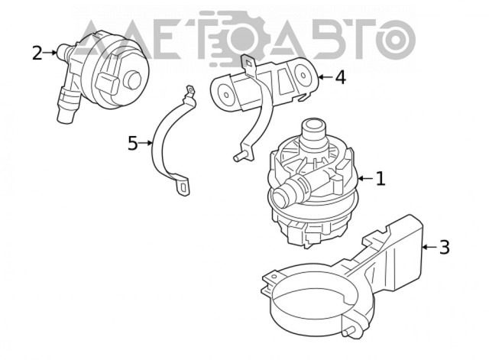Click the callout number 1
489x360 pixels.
click(x=381, y=179)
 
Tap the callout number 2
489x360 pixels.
click(x=37, y=53)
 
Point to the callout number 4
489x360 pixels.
click(x=341, y=77)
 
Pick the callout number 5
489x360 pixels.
click(x=132, y=143)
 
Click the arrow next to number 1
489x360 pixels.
click(x=365, y=178)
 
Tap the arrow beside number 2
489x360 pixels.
click(x=50, y=53)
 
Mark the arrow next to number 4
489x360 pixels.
click(x=325, y=76)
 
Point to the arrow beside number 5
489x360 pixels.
click(x=146, y=143)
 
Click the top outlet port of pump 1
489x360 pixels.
click(x=313, y=129)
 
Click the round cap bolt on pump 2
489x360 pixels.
click(x=132, y=80)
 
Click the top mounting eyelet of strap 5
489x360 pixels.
click(x=190, y=91)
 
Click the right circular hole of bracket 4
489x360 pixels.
click(x=303, y=75)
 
